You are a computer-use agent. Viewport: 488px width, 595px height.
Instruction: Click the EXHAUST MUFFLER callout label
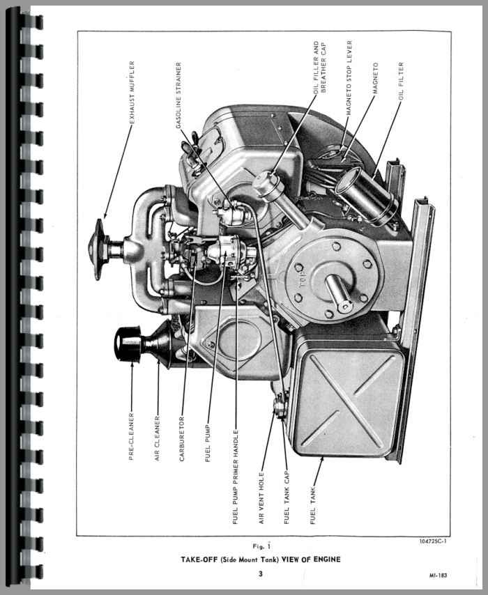pyautogui.click(x=132, y=92)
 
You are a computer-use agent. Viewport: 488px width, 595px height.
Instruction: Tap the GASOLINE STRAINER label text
pyautogui.click(x=178, y=95)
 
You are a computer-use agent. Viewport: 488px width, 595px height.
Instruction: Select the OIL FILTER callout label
pyautogui.click(x=401, y=82)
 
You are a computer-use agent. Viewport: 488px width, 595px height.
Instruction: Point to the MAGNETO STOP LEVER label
pyautogui.click(x=349, y=78)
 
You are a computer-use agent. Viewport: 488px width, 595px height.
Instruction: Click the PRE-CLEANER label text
pyautogui.click(x=131, y=436)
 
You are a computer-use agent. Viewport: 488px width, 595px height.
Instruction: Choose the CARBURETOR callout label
pyautogui.click(x=182, y=439)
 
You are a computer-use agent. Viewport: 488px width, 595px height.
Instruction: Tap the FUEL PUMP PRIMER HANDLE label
pyautogui.click(x=235, y=477)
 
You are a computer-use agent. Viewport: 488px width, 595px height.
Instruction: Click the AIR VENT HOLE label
pyautogui.click(x=261, y=498)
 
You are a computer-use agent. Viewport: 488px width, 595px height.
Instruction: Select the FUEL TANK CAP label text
pyautogui.click(x=287, y=497)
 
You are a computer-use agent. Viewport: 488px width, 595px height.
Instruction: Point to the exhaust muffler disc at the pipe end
pyautogui.click(x=98, y=249)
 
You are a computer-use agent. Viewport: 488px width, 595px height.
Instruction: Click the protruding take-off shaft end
pyautogui.click(x=339, y=293)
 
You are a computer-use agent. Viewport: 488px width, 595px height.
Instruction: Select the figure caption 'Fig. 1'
pyautogui.click(x=262, y=546)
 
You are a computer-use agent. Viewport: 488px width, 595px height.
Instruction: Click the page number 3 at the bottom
pyautogui.click(x=261, y=574)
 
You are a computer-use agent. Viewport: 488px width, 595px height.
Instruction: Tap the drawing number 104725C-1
pyautogui.click(x=433, y=541)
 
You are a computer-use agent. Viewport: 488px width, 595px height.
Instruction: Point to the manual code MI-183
pyautogui.click(x=439, y=575)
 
